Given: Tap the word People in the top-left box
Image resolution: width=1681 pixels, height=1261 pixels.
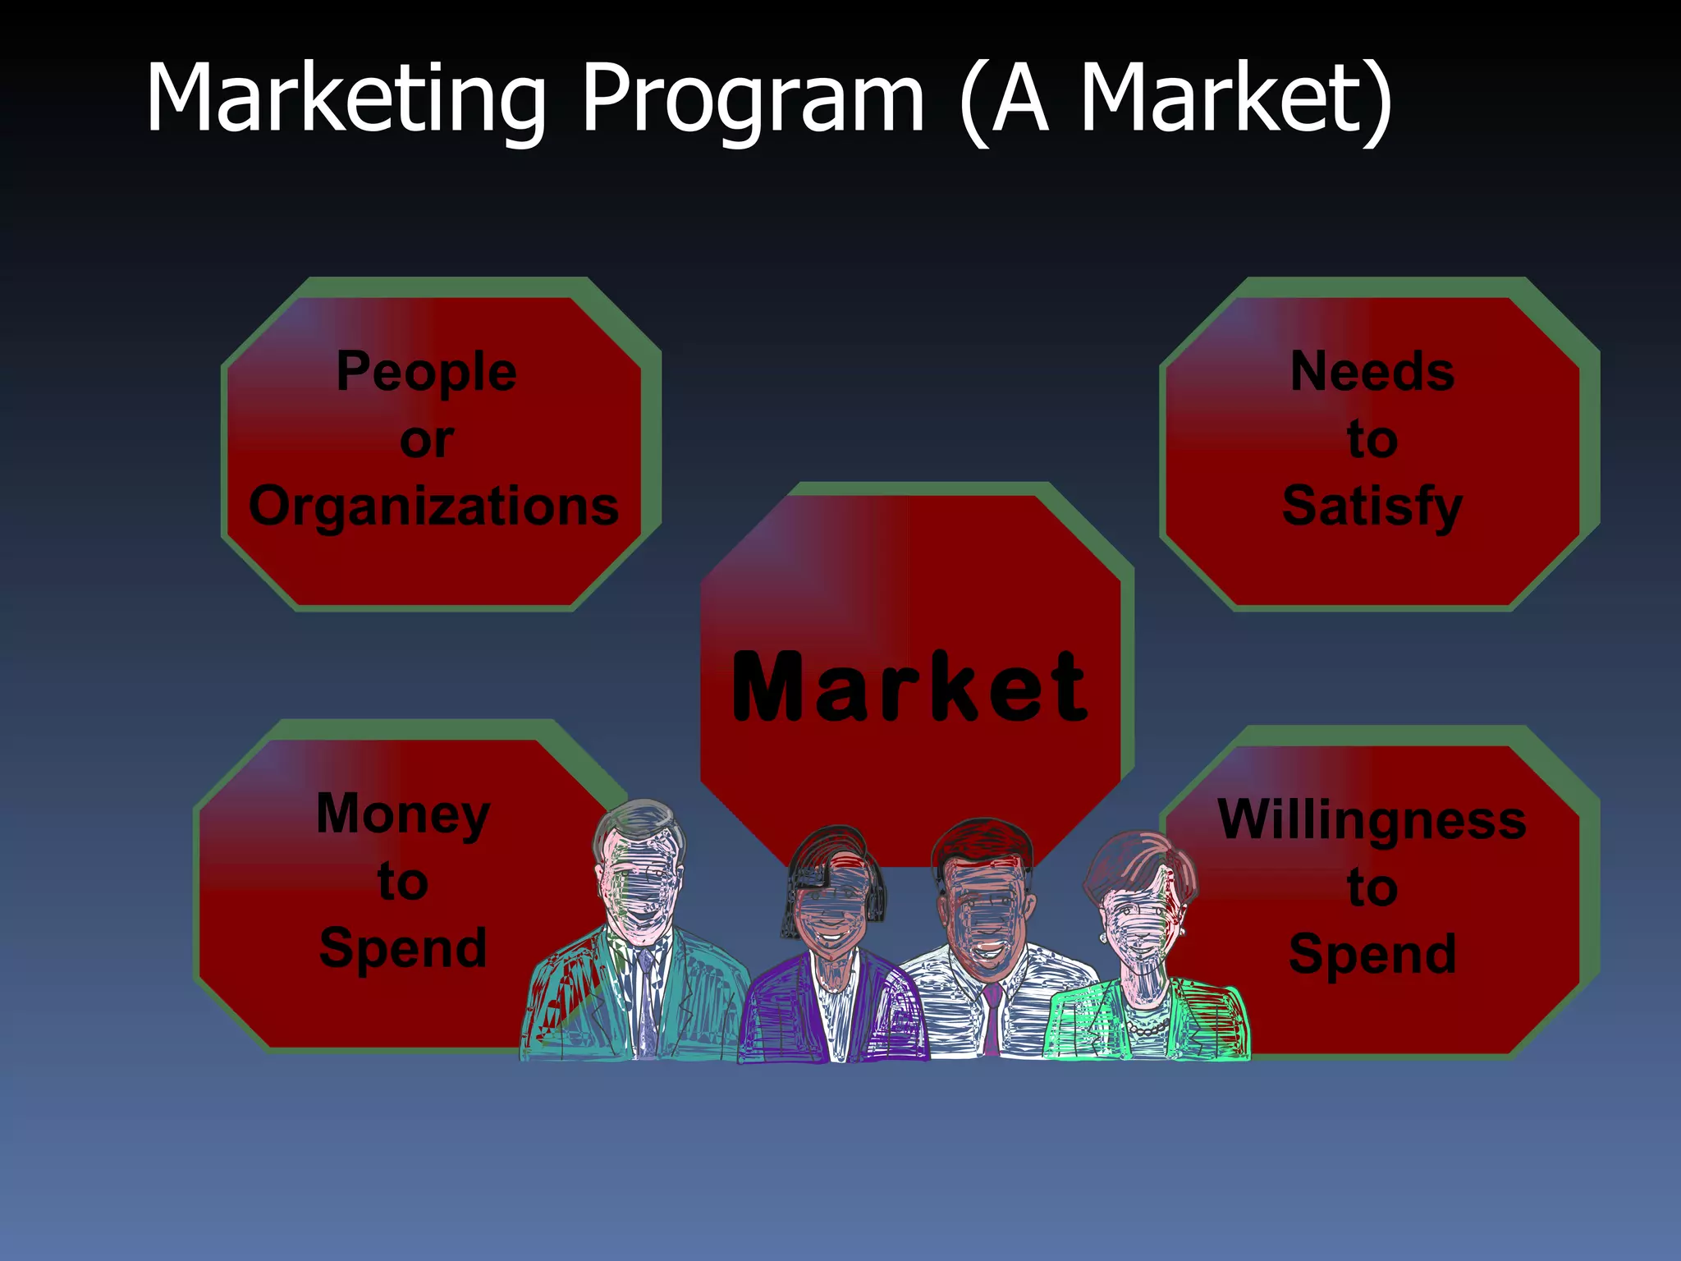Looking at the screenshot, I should click(427, 372).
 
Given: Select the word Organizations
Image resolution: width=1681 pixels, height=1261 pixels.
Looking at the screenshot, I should click(433, 507).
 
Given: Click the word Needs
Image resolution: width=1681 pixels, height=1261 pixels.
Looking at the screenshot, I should click(1372, 372).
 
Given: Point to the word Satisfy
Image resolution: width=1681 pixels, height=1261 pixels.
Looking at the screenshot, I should click(1372, 507).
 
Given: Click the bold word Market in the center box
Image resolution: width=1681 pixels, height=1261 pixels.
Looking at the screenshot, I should click(909, 688).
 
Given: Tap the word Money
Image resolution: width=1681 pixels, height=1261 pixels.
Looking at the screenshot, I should click(403, 814).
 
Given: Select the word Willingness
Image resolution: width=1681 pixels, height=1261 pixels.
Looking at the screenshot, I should click(1372, 820).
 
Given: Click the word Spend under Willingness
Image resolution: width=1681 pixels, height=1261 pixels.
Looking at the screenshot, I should click(1372, 954).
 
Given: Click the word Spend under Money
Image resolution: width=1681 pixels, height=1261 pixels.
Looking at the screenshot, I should click(403, 948).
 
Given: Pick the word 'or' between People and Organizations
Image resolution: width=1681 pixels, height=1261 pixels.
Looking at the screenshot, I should click(427, 440).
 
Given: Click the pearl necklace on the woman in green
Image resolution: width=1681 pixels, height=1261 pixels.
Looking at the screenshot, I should click(1147, 1026).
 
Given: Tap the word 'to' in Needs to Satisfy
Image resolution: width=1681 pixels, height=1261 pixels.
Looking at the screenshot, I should click(1372, 440).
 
